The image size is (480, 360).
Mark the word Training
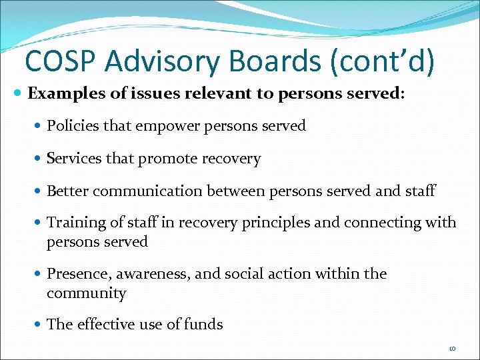[x=73, y=223]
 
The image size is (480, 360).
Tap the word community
[x=86, y=293]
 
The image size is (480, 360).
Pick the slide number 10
[x=452, y=348]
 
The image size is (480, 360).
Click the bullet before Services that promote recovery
[x=39, y=159]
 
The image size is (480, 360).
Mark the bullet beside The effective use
[x=39, y=325]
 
